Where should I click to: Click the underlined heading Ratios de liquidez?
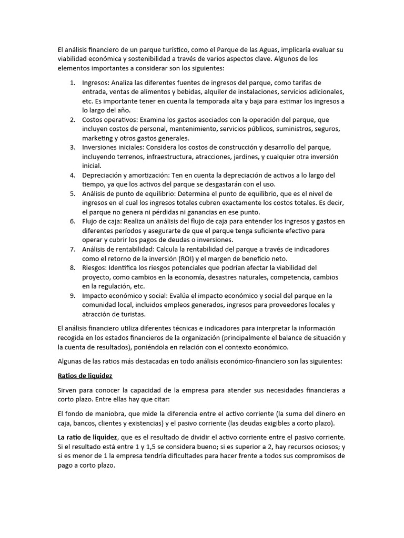coord(84,376)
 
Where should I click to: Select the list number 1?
coord(72,83)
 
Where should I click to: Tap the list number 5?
coord(72,193)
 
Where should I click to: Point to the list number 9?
coord(72,295)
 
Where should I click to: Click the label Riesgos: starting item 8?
coord(96,267)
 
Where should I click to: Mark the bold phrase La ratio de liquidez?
coord(87,437)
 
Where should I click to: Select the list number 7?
coord(72,249)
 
